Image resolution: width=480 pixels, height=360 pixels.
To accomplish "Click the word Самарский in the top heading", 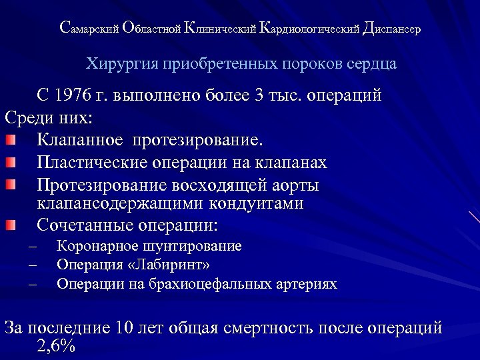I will (x=89, y=29).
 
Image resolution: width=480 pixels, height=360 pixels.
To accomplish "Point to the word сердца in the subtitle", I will (x=373, y=65).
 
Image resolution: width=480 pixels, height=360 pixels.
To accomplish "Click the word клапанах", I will (x=294, y=162).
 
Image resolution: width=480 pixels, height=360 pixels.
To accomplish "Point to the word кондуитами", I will (x=258, y=203).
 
